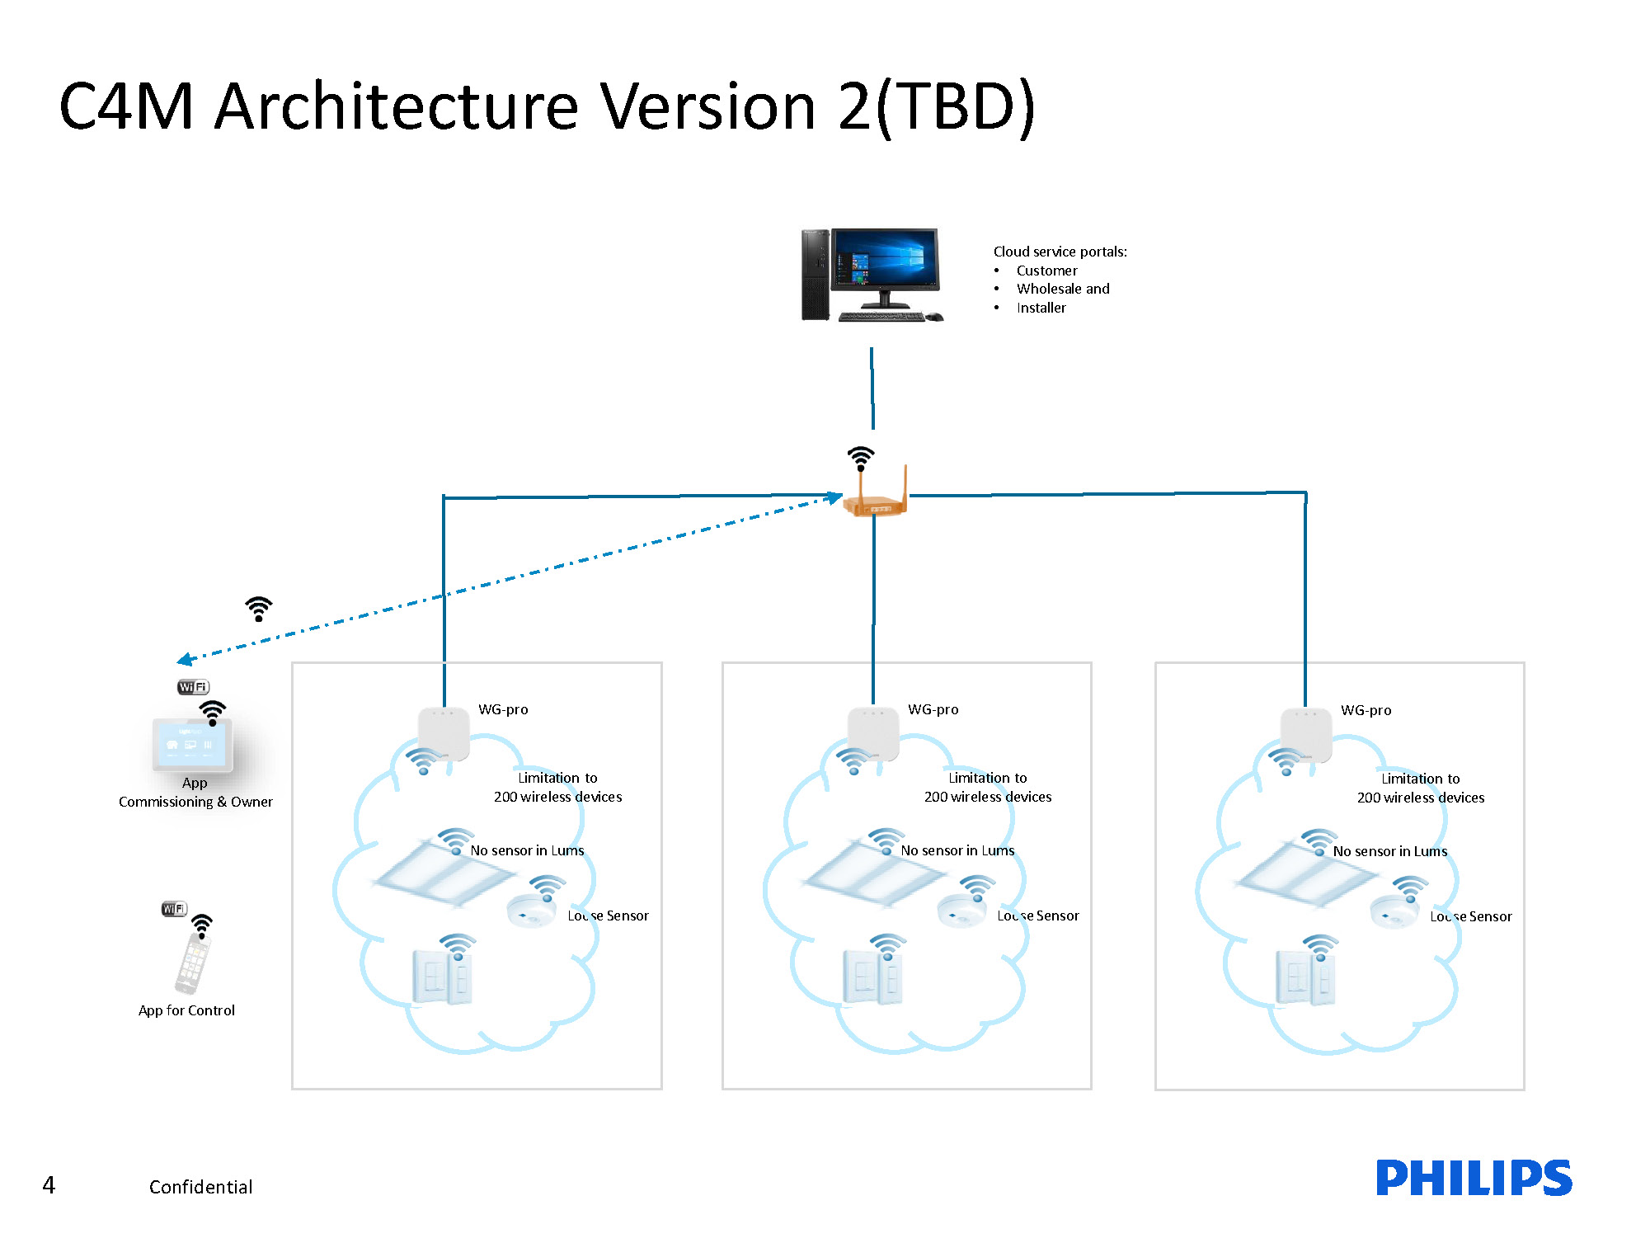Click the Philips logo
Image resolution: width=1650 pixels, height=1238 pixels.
(1474, 1178)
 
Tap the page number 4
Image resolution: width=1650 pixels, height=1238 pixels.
(49, 1185)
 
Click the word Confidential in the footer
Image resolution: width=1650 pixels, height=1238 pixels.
(200, 1187)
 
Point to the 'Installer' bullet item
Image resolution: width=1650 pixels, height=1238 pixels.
(1041, 308)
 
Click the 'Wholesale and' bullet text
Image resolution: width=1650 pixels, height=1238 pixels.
(1063, 289)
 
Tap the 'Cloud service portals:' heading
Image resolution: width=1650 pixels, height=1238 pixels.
(1060, 252)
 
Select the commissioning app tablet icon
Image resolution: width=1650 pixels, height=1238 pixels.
(192, 745)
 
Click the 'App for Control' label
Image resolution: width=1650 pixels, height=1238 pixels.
(186, 1010)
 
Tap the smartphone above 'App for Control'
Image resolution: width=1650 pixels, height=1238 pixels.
(193, 963)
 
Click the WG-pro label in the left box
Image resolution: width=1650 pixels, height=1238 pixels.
(503, 709)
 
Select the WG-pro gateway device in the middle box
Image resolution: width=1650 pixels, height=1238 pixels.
(873, 733)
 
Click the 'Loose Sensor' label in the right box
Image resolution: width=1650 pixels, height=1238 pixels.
(1471, 916)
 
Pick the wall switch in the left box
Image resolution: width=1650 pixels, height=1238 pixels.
(443, 977)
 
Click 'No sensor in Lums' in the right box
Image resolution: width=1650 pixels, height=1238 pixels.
(1390, 851)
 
